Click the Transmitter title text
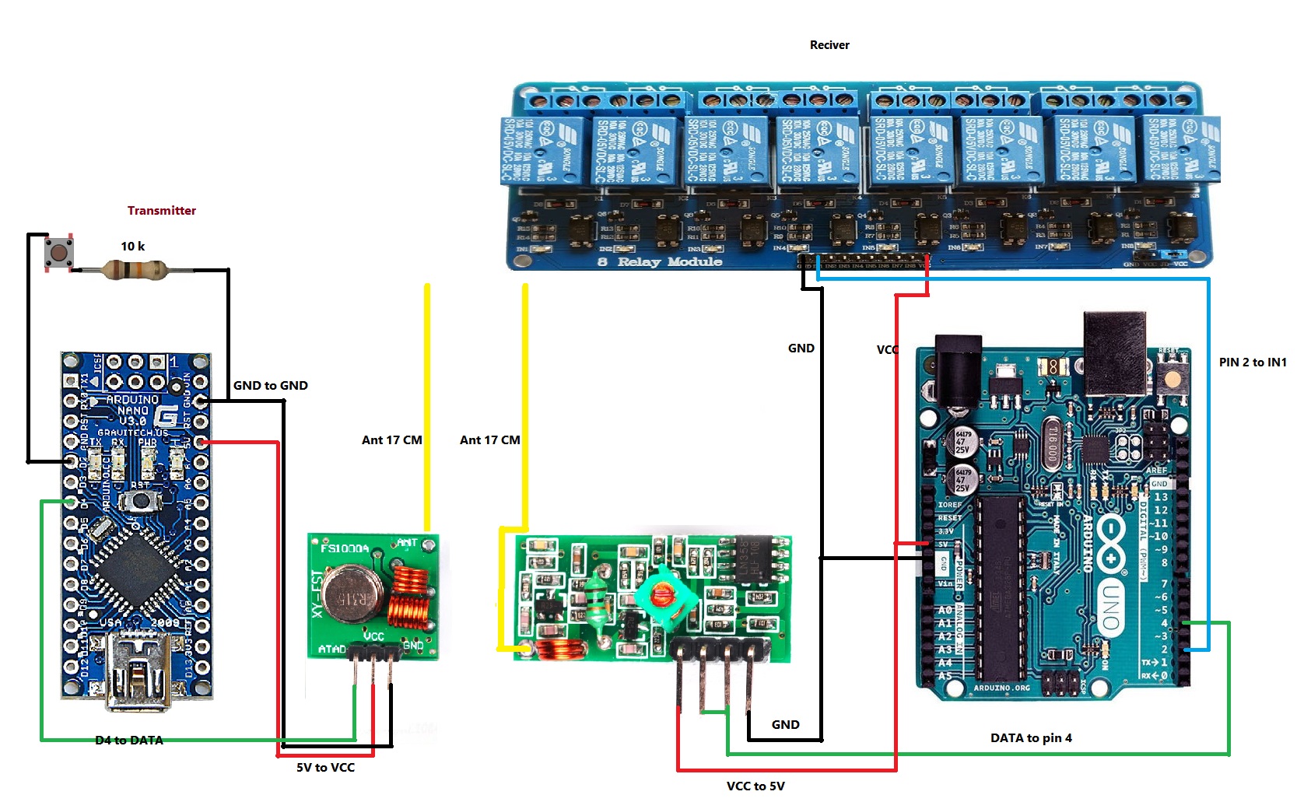pos(162,211)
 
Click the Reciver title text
pos(829,45)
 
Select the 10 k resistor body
pos(134,271)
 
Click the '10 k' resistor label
pos(132,247)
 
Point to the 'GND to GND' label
pos(271,386)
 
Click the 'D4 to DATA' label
pos(129,741)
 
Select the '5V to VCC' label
pos(325,768)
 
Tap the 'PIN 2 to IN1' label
pos(1253,362)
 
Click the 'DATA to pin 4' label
pos(1031,738)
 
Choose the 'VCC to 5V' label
pos(755,786)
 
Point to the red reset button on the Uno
pos(1172,380)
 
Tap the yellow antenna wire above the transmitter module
pos(427,404)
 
